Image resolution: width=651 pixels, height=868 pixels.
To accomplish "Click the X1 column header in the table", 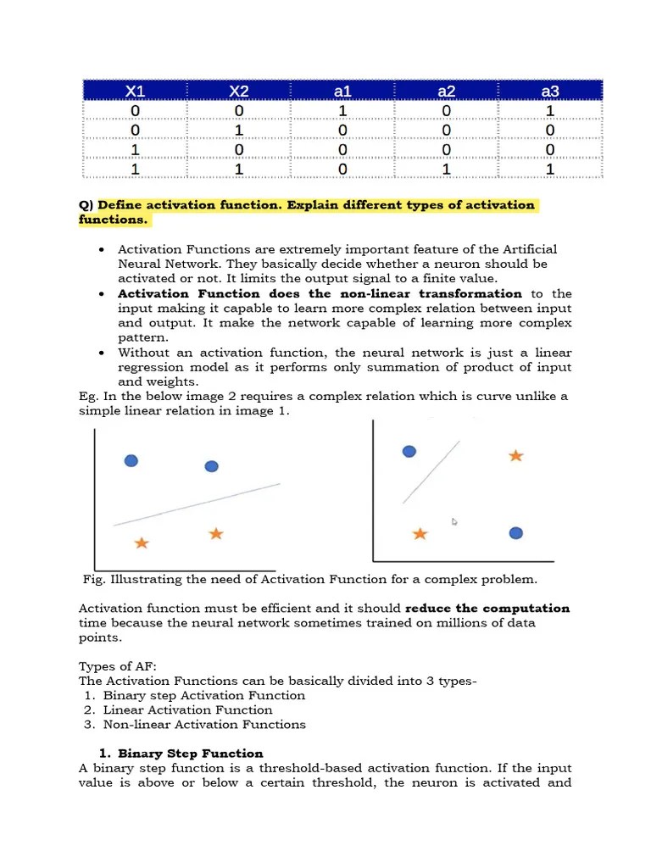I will click(135, 91).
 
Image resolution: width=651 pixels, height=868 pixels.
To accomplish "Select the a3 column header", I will click(549, 91).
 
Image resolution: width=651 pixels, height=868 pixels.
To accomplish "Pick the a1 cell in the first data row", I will click(342, 111).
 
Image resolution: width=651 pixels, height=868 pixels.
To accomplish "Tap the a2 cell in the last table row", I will click(446, 170).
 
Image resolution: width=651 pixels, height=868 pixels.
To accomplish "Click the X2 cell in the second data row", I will click(239, 131).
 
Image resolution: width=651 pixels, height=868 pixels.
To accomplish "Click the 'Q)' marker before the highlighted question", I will click(86, 205).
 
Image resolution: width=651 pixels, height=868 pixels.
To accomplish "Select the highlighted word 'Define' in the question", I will click(122, 205).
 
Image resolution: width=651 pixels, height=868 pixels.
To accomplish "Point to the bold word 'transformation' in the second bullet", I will click(470, 294).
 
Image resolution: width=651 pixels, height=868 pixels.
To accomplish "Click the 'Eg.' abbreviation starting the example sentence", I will click(89, 397).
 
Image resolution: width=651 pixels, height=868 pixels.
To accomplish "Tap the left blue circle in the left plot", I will click(131, 461).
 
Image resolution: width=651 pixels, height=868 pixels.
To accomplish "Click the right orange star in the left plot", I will click(216, 533).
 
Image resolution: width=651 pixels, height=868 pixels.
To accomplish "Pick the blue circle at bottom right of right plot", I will click(515, 533).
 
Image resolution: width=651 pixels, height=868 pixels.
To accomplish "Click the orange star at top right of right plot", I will click(515, 456).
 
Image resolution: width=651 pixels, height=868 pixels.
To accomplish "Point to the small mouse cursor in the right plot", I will click(455, 522).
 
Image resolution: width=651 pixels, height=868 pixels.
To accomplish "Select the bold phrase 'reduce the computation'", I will click(487, 609).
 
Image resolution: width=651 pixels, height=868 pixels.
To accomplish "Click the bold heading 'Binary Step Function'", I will click(190, 754).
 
